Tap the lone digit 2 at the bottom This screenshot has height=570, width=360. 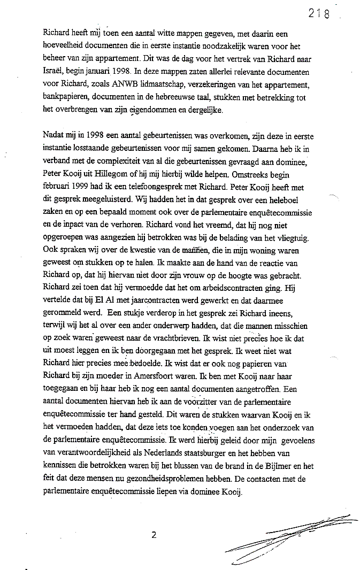(x=154, y=534)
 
